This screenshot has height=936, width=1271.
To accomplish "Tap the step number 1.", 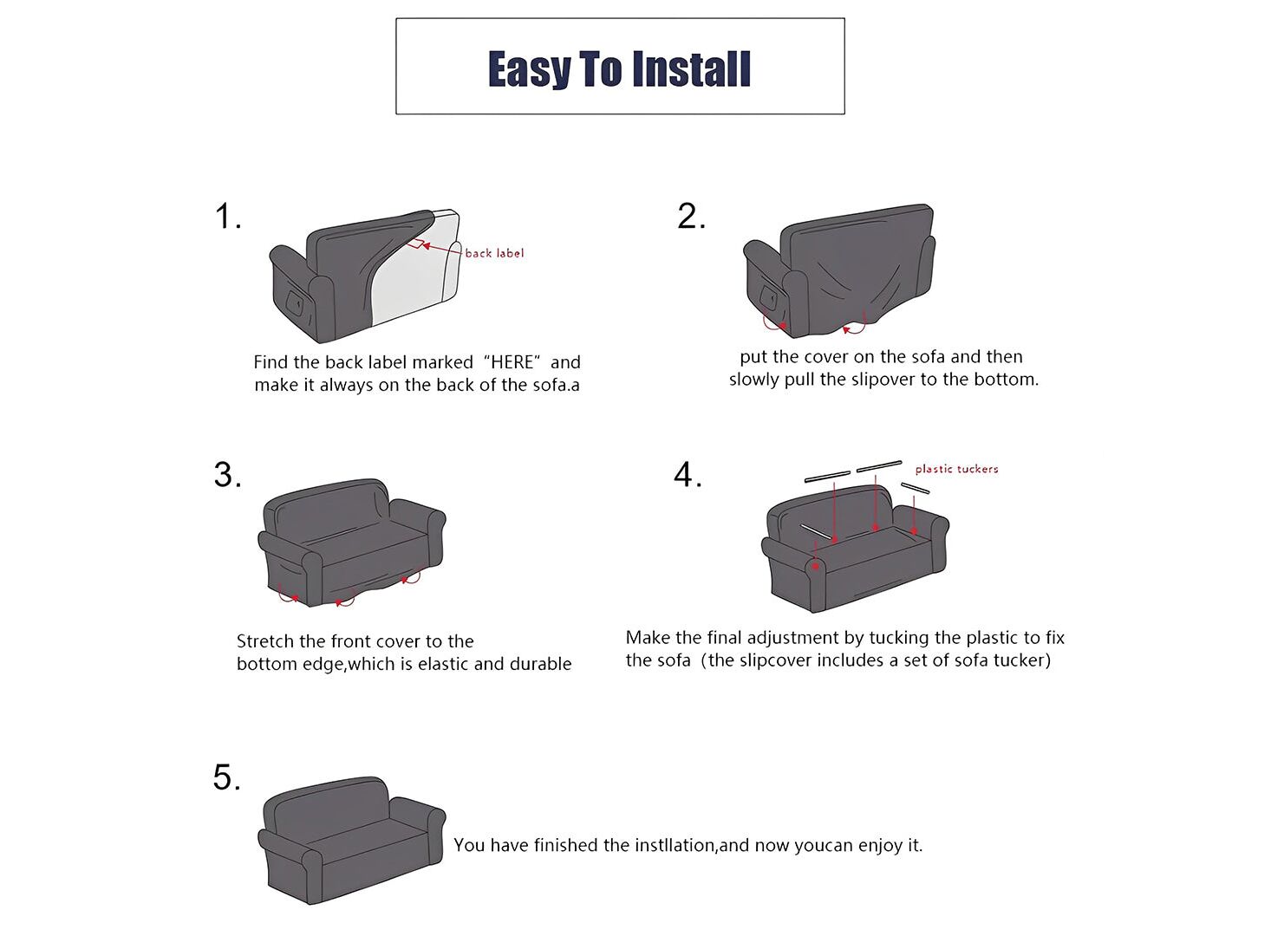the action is pyautogui.click(x=227, y=217).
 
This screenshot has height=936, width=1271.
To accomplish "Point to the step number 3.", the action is pyautogui.click(x=227, y=475).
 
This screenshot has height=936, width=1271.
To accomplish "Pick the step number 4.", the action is pyautogui.click(x=688, y=475).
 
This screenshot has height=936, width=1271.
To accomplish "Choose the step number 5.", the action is pyautogui.click(x=227, y=777).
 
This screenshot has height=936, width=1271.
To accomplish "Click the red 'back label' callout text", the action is pyautogui.click(x=494, y=253).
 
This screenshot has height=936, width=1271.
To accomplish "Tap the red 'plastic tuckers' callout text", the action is pyautogui.click(x=956, y=469).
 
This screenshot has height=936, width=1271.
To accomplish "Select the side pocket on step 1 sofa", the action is pyautogui.click(x=294, y=303).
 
